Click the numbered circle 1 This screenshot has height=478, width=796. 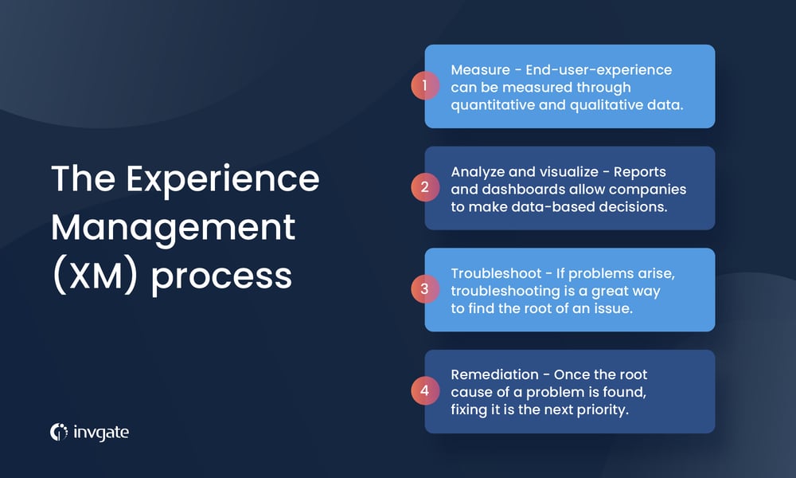click(x=425, y=86)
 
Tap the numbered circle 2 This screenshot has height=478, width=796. click(x=425, y=188)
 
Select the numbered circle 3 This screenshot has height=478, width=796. click(x=425, y=289)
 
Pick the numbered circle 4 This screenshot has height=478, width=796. click(x=425, y=391)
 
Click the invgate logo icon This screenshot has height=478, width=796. click(x=59, y=432)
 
